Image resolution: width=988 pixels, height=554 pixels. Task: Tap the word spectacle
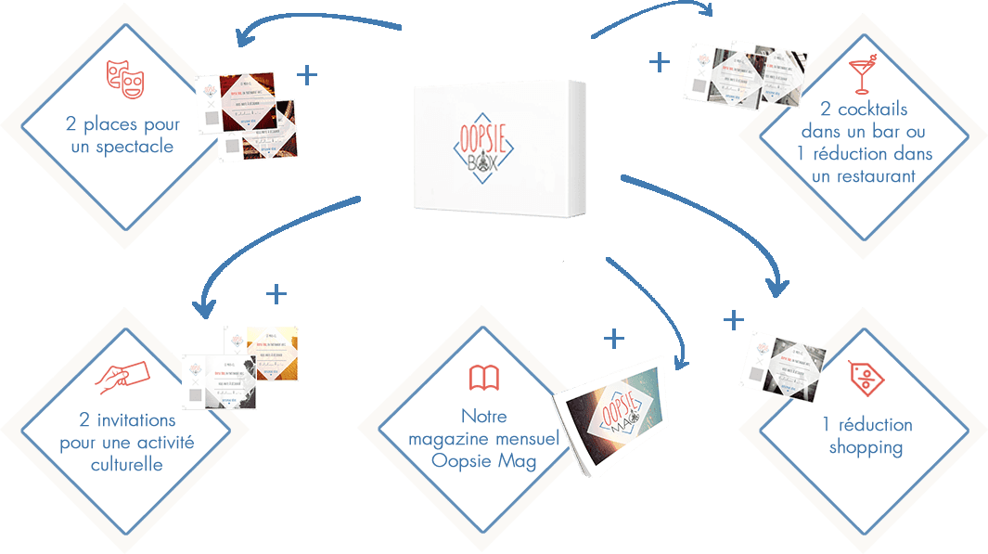[135, 147]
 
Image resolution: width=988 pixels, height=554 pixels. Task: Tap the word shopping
[866, 447]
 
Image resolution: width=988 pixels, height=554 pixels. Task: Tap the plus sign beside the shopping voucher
[734, 320]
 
